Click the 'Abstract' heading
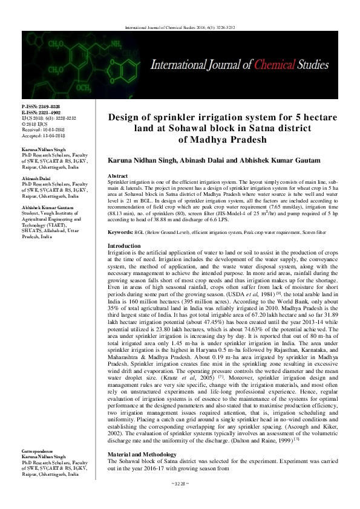click(117, 175)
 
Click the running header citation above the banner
click(180, 28)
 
